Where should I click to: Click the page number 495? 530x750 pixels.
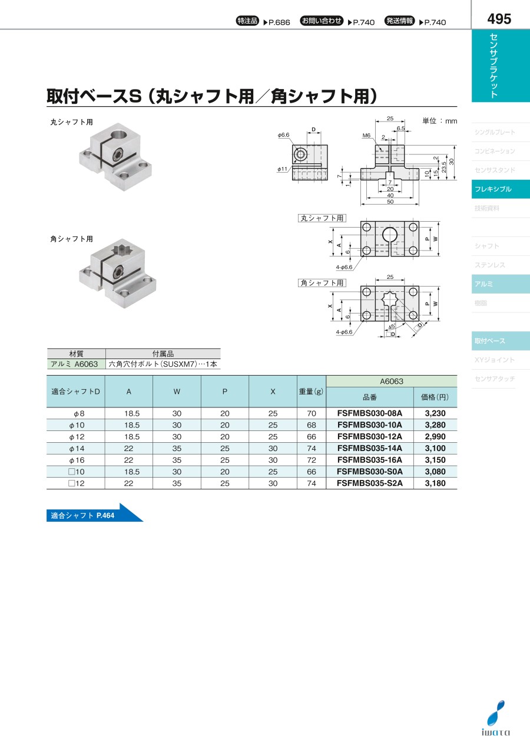pos(499,19)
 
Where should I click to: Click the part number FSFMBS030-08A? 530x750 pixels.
pos(369,413)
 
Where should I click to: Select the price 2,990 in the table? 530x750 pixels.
pos(435,436)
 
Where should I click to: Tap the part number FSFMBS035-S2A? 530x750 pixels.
pos(369,483)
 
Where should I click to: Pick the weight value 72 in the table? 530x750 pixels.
pos(312,460)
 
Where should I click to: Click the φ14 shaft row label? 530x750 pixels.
pos(77,448)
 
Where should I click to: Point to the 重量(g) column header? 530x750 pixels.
pos(311,392)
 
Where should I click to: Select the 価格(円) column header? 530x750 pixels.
pos(435,397)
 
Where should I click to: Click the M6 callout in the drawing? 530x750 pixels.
pos(366,136)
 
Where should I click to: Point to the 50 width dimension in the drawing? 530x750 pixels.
pos(390,202)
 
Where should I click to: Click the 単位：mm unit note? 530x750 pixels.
pos(439,121)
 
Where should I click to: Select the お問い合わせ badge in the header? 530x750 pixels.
pos(322,21)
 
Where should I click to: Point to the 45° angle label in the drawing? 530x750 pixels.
pos(391,326)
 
